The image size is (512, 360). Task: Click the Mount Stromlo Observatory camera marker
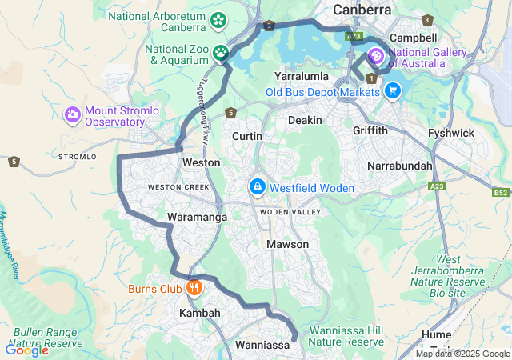73,115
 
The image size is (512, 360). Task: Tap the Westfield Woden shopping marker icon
257,187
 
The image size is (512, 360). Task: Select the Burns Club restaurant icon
193,287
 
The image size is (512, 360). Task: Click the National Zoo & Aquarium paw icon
220,53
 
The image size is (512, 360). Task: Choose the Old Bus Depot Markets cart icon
392,91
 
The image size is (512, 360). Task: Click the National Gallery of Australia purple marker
376,57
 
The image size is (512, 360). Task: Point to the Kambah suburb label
199,313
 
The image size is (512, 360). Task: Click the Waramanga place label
193,217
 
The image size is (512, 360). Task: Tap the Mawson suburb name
287,244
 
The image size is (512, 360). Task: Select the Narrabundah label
399,166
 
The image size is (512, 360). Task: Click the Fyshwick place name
451,133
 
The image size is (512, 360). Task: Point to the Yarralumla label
302,76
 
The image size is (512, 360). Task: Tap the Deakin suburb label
305,120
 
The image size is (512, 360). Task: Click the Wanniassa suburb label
262,346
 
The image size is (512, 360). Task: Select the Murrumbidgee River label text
10,244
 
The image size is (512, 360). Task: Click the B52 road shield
501,193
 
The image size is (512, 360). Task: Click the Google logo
26,350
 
